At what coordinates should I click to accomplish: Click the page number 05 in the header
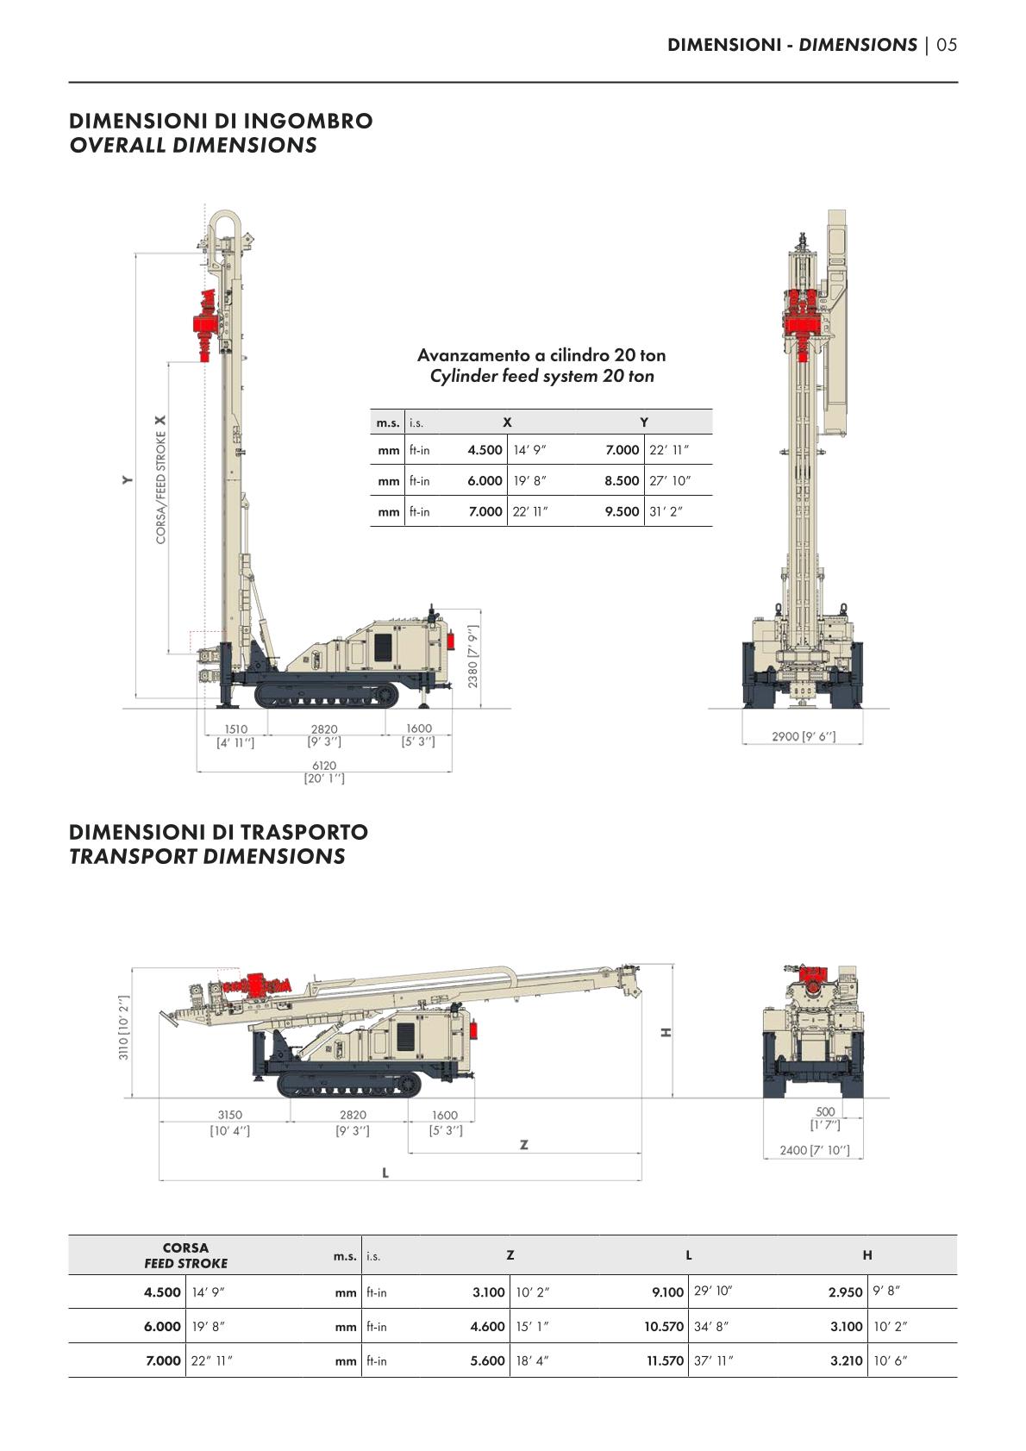point(947,45)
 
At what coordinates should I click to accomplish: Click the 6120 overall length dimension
point(324,766)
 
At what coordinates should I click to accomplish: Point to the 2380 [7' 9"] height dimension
point(473,657)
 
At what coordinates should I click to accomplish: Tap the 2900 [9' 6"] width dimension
point(804,736)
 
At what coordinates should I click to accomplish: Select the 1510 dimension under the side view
point(235,729)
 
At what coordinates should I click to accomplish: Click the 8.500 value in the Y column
point(622,481)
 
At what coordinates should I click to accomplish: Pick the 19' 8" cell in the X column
point(529,481)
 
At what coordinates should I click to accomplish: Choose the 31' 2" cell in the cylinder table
point(666,512)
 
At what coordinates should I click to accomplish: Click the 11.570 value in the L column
point(665,1360)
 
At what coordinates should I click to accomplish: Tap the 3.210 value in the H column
point(846,1360)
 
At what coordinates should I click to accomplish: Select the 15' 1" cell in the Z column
point(532,1327)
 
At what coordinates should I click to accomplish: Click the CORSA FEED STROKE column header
point(185,1255)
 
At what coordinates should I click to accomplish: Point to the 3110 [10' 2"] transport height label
point(124,1028)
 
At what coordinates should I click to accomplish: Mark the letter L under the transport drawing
point(385,1173)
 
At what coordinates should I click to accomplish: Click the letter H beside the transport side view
point(666,1032)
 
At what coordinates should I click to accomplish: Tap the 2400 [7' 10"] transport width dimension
point(814,1150)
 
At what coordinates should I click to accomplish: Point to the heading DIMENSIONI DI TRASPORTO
point(218,832)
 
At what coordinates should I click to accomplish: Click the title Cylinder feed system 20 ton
point(541,376)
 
